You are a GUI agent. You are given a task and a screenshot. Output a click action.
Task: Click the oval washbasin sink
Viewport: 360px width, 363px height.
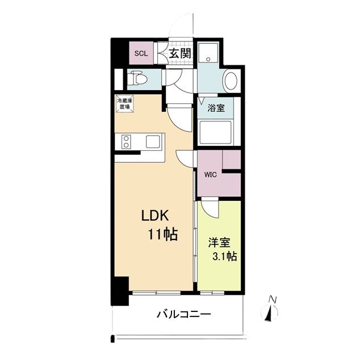click(231, 81)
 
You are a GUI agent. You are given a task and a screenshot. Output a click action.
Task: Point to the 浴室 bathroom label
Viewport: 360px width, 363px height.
click(215, 108)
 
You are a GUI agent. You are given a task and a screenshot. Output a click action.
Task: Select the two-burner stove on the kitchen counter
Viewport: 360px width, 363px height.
click(125, 142)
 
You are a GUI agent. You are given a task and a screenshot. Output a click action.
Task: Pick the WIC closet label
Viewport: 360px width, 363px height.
click(210, 174)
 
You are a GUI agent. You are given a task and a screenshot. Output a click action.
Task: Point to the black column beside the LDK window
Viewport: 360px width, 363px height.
click(120, 289)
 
